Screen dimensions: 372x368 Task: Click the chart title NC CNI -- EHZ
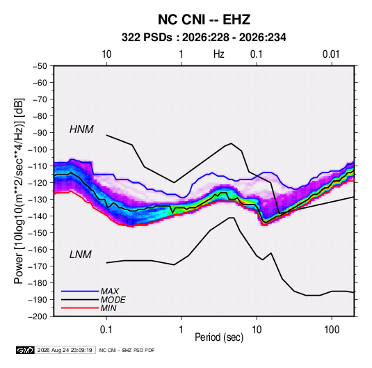coord(204,19)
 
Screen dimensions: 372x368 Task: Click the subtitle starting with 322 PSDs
coord(204,38)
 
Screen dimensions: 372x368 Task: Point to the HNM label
coord(81,129)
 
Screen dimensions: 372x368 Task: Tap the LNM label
coord(81,255)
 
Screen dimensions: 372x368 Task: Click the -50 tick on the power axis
coord(40,66)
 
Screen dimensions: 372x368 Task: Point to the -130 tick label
coord(38,200)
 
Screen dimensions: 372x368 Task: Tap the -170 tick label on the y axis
coord(38,266)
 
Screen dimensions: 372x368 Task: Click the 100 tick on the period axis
coord(332,330)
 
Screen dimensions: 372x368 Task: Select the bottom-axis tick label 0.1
coord(106,330)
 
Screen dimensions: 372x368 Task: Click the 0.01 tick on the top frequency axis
coord(331,54)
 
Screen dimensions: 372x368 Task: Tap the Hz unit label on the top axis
coord(219,54)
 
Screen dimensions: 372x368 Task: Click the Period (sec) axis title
coord(219,337)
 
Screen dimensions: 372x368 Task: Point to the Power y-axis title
coord(19,191)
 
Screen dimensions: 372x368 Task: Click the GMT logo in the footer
coord(25,350)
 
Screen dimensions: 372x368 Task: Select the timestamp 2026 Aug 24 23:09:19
coord(65,350)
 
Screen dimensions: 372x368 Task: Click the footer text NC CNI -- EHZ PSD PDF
coord(127,350)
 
